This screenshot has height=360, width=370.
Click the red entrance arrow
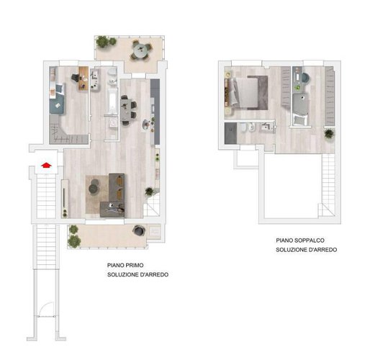tap(46, 165)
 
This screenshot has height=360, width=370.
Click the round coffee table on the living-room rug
tap(94, 188)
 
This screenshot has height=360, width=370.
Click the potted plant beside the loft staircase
tap(329, 133)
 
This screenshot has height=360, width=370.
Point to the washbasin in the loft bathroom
tap(267, 127)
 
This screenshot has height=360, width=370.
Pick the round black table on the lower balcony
tap(137, 230)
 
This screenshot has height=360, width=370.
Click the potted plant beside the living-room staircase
tap(148, 192)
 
